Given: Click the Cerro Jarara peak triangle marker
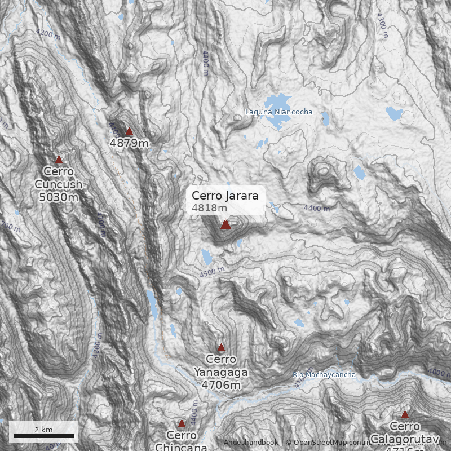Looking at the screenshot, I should pos(225,225).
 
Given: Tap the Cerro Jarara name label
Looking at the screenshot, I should pos(225,196).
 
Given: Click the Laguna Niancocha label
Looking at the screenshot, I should pos(278,112).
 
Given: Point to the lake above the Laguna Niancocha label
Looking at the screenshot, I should pos(277,101).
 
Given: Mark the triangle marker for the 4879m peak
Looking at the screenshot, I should pos(129,131).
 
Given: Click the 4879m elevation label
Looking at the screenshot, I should pos(129,143).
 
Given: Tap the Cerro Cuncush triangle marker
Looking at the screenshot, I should pos(59,160).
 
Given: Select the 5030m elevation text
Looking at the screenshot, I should pos(59,197).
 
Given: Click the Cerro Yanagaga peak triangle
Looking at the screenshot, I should pos(221,347).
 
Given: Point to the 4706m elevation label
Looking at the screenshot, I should pos(221,385).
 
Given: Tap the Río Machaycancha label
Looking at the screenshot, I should pos(324,375).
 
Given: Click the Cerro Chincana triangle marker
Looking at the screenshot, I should pos(182,423).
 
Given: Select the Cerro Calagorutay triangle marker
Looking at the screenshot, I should pos(405,414).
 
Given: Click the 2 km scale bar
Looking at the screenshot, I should pos(44,436).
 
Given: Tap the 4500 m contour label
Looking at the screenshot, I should pos(212,272).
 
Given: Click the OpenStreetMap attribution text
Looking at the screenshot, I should pos(327,443).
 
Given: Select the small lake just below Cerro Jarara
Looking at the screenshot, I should pos(207,257).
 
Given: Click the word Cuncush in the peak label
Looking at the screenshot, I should pos(59,184).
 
